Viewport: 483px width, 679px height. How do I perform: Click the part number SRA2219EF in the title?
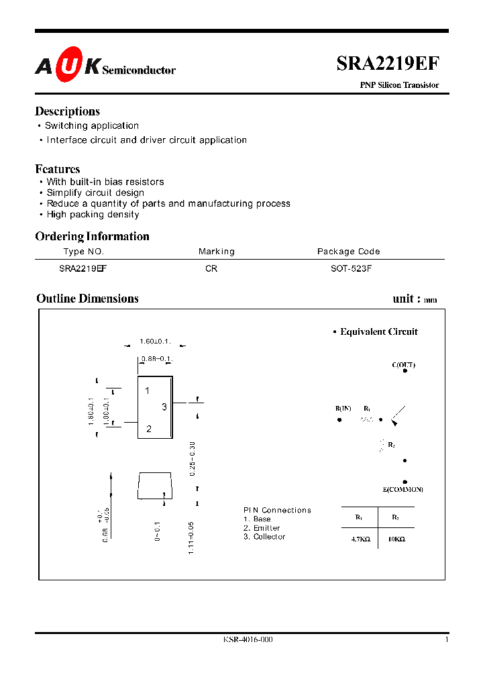click(388, 64)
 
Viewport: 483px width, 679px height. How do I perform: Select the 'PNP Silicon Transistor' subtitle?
click(400, 85)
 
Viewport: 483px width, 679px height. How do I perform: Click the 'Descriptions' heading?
click(67, 111)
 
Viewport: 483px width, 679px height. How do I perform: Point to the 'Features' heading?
click(58, 169)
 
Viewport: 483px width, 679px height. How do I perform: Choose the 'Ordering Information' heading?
click(92, 236)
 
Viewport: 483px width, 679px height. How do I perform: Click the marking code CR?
click(211, 268)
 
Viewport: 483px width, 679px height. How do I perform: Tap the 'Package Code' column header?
click(348, 252)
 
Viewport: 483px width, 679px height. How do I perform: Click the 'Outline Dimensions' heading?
click(87, 299)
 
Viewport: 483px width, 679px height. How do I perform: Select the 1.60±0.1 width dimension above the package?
click(156, 342)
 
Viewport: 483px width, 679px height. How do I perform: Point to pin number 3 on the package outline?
click(164, 407)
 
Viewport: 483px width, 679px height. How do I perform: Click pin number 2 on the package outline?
click(148, 429)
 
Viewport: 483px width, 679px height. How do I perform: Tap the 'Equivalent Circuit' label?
click(378, 331)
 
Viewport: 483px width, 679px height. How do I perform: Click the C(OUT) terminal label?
click(404, 365)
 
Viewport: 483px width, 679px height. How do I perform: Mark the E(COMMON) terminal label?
click(403, 490)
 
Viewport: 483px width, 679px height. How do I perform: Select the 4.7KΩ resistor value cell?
click(360, 539)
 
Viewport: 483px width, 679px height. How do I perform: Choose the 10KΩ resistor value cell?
click(396, 539)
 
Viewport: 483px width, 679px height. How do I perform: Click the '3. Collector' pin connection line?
click(264, 537)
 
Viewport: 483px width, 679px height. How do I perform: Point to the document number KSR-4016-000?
click(248, 639)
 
